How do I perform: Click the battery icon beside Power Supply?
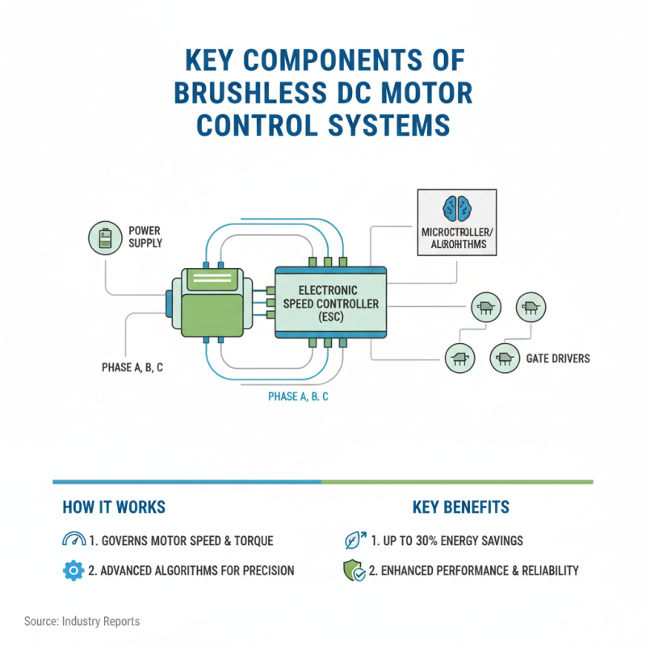coord(105,240)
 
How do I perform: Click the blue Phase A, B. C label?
coord(298,397)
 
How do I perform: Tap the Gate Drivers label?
coord(558,358)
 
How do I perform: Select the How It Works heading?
coord(113,507)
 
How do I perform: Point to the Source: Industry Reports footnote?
coord(82,621)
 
